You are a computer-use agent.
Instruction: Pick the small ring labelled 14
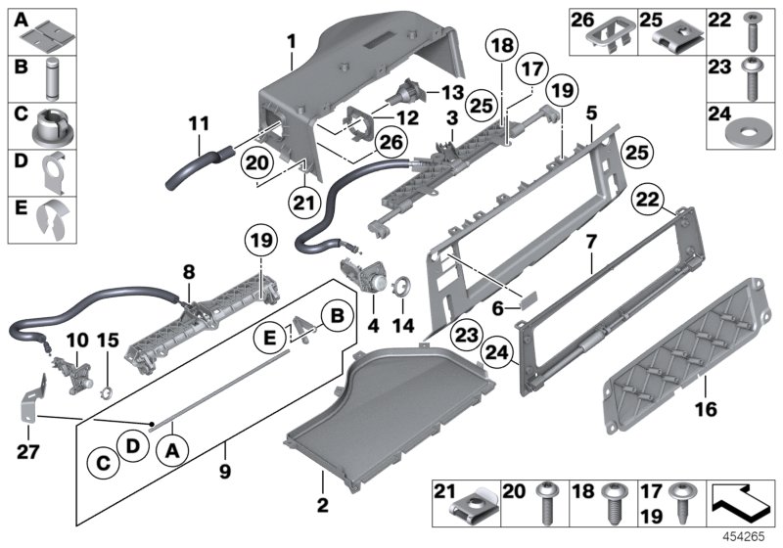[401, 289]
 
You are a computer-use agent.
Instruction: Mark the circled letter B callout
[336, 316]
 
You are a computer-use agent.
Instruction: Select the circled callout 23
[467, 334]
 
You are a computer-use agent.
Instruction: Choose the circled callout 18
[502, 47]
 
